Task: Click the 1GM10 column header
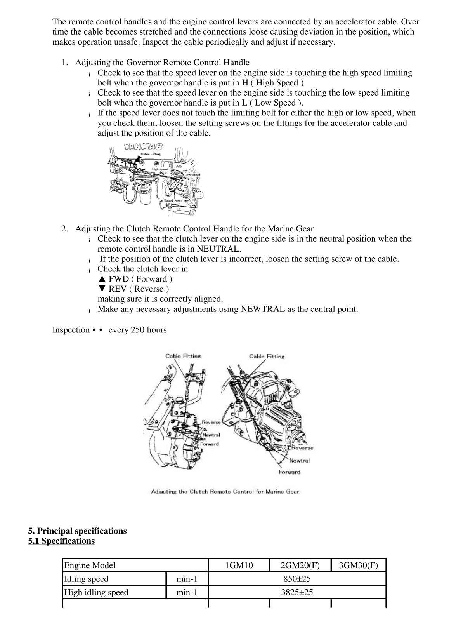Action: [x=239, y=565]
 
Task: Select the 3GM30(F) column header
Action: [x=358, y=565]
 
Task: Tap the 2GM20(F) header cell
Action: [x=300, y=565]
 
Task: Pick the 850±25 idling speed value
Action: [x=297, y=579]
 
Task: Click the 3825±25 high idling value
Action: [x=297, y=592]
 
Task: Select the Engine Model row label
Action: [x=90, y=565]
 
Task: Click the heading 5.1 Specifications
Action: [x=61, y=541]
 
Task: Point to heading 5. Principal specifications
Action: [x=77, y=531]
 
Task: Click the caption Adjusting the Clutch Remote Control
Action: [x=225, y=492]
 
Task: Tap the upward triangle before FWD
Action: [x=102, y=279]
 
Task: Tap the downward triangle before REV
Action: [x=102, y=289]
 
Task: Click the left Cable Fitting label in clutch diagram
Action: [x=183, y=356]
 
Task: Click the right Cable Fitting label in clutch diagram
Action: [x=267, y=356]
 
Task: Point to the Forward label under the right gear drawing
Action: [x=289, y=472]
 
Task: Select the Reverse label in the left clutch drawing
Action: [x=211, y=422]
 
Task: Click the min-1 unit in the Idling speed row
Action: [x=187, y=579]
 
